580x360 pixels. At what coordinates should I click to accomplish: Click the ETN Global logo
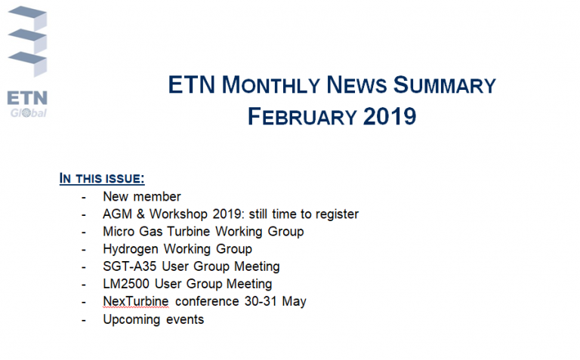[27, 62]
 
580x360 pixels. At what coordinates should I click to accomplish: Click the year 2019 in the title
[390, 116]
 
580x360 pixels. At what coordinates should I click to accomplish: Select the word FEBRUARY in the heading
[302, 116]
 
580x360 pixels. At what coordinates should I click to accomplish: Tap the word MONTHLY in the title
[271, 85]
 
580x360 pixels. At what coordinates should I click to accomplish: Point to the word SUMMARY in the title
[444, 85]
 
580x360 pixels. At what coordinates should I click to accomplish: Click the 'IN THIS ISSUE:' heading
[102, 179]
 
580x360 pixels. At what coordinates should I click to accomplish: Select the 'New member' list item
[142, 196]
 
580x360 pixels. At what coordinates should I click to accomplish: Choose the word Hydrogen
[131, 250]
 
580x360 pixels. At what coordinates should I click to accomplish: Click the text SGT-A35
[129, 266]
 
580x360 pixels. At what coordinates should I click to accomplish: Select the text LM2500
[126, 284]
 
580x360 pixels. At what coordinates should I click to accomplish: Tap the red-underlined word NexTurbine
[136, 301]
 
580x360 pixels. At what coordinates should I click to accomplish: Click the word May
[294, 302]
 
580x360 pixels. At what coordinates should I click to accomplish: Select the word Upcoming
[131, 320]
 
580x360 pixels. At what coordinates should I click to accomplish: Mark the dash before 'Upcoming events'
[84, 320]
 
